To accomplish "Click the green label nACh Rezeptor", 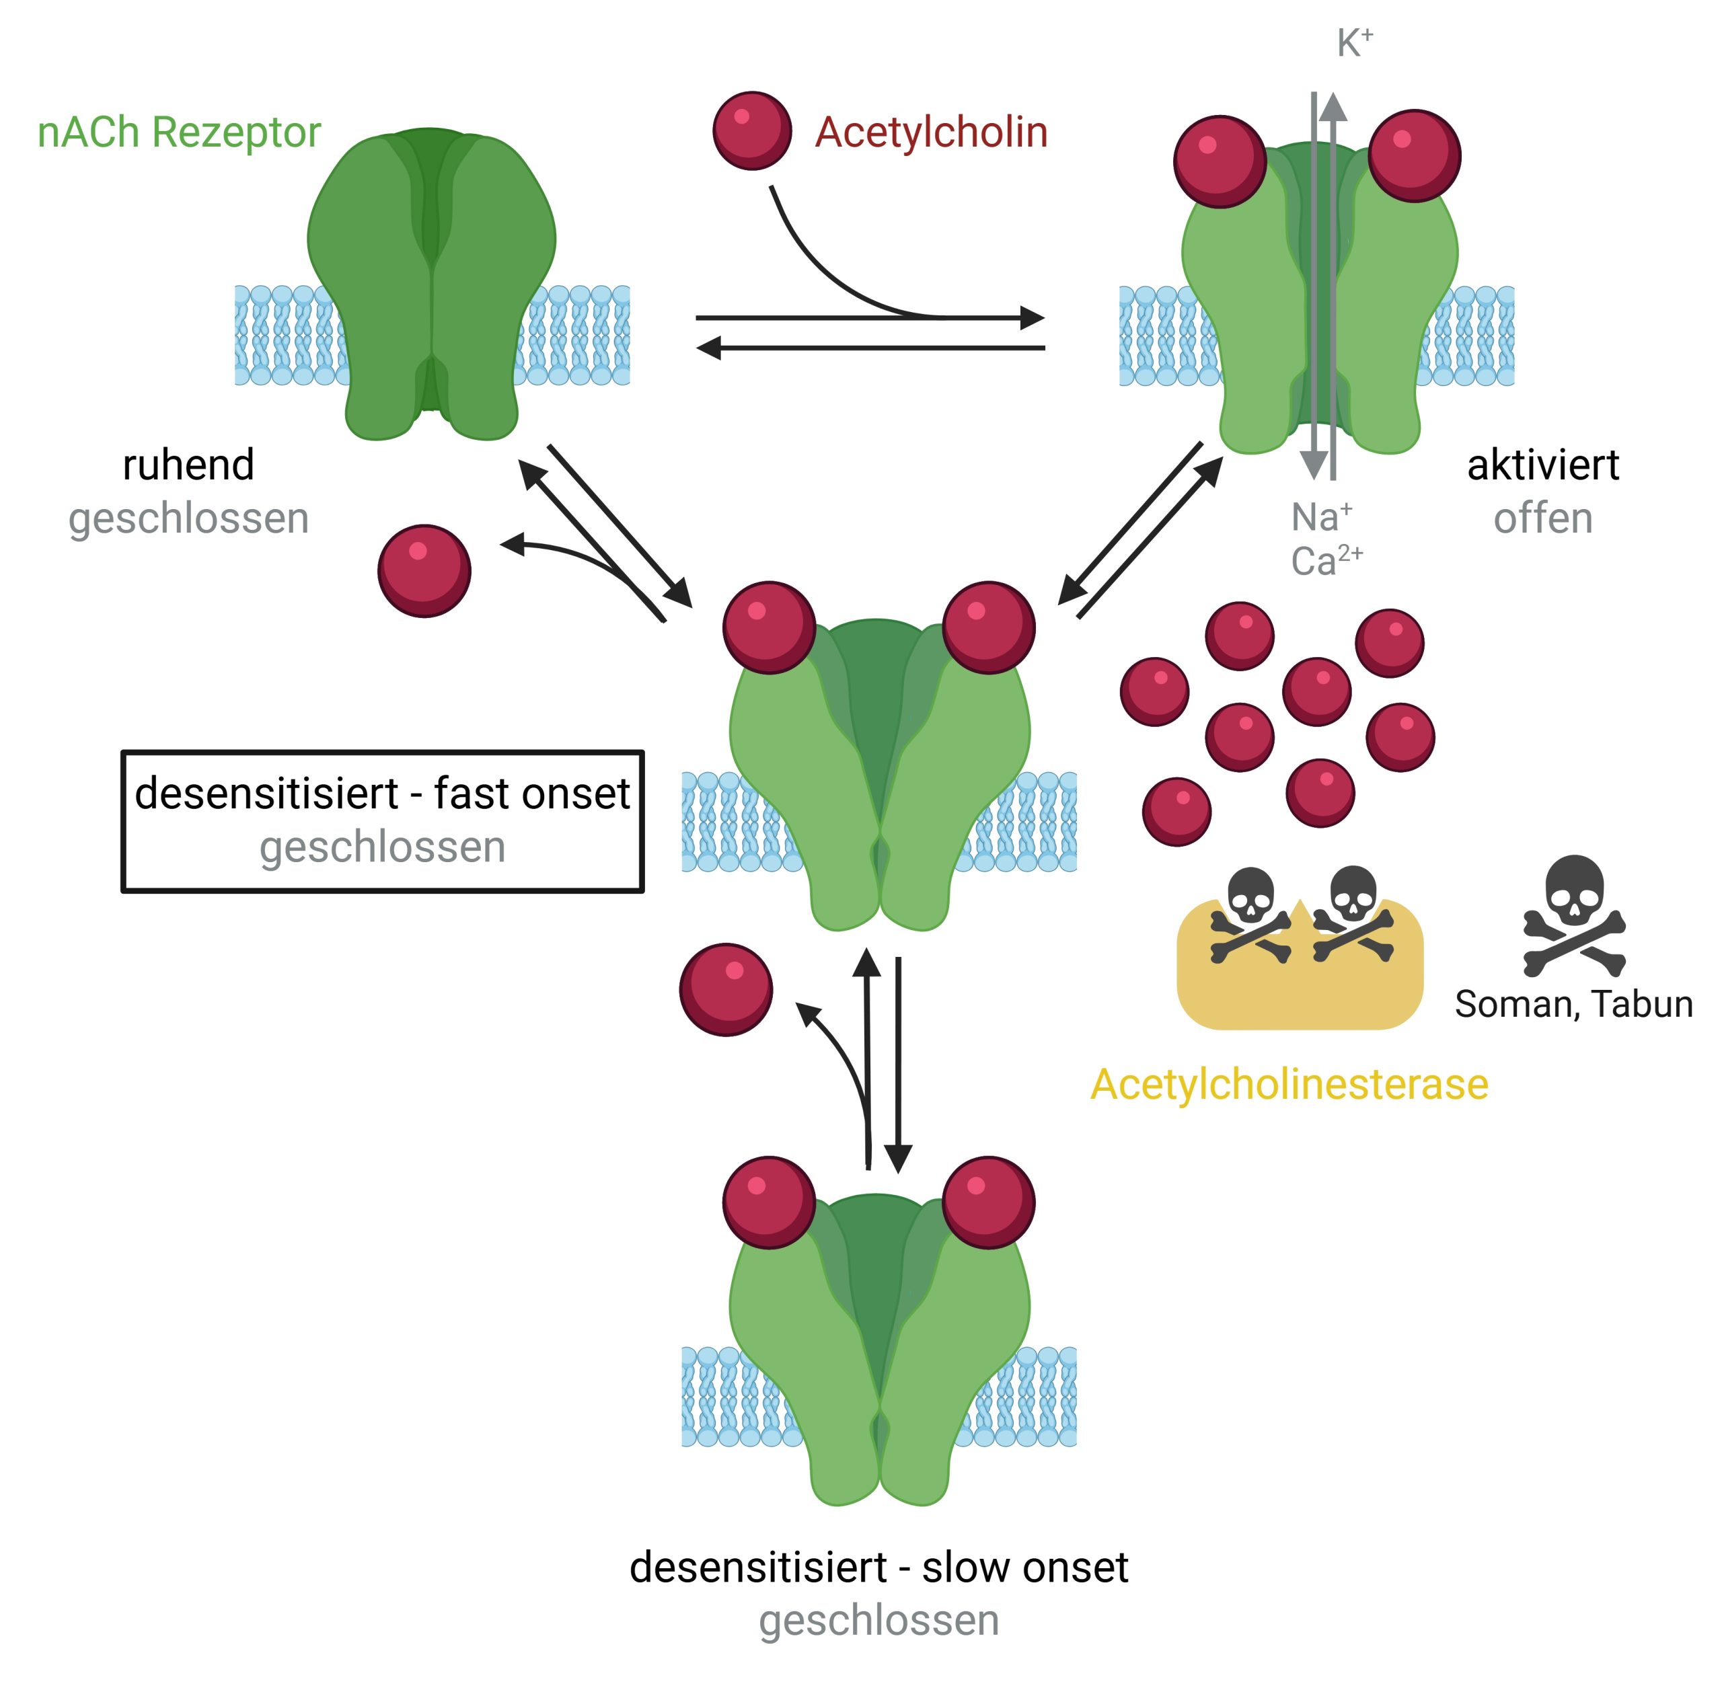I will coord(178,132).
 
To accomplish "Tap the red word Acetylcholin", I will coord(930,132).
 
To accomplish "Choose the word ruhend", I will coord(188,465).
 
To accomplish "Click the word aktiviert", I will coord(1542,465).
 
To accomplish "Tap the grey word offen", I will coord(1542,518).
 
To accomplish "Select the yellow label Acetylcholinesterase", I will coord(1288,1084).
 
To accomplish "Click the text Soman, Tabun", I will coord(1573,1004).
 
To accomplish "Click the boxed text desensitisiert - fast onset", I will coord(381,794).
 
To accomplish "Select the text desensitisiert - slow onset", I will coord(878,1567).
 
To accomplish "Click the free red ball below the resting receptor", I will coord(424,570).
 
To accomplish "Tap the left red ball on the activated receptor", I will coord(1219,161).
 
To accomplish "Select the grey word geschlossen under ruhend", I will coord(188,518).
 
